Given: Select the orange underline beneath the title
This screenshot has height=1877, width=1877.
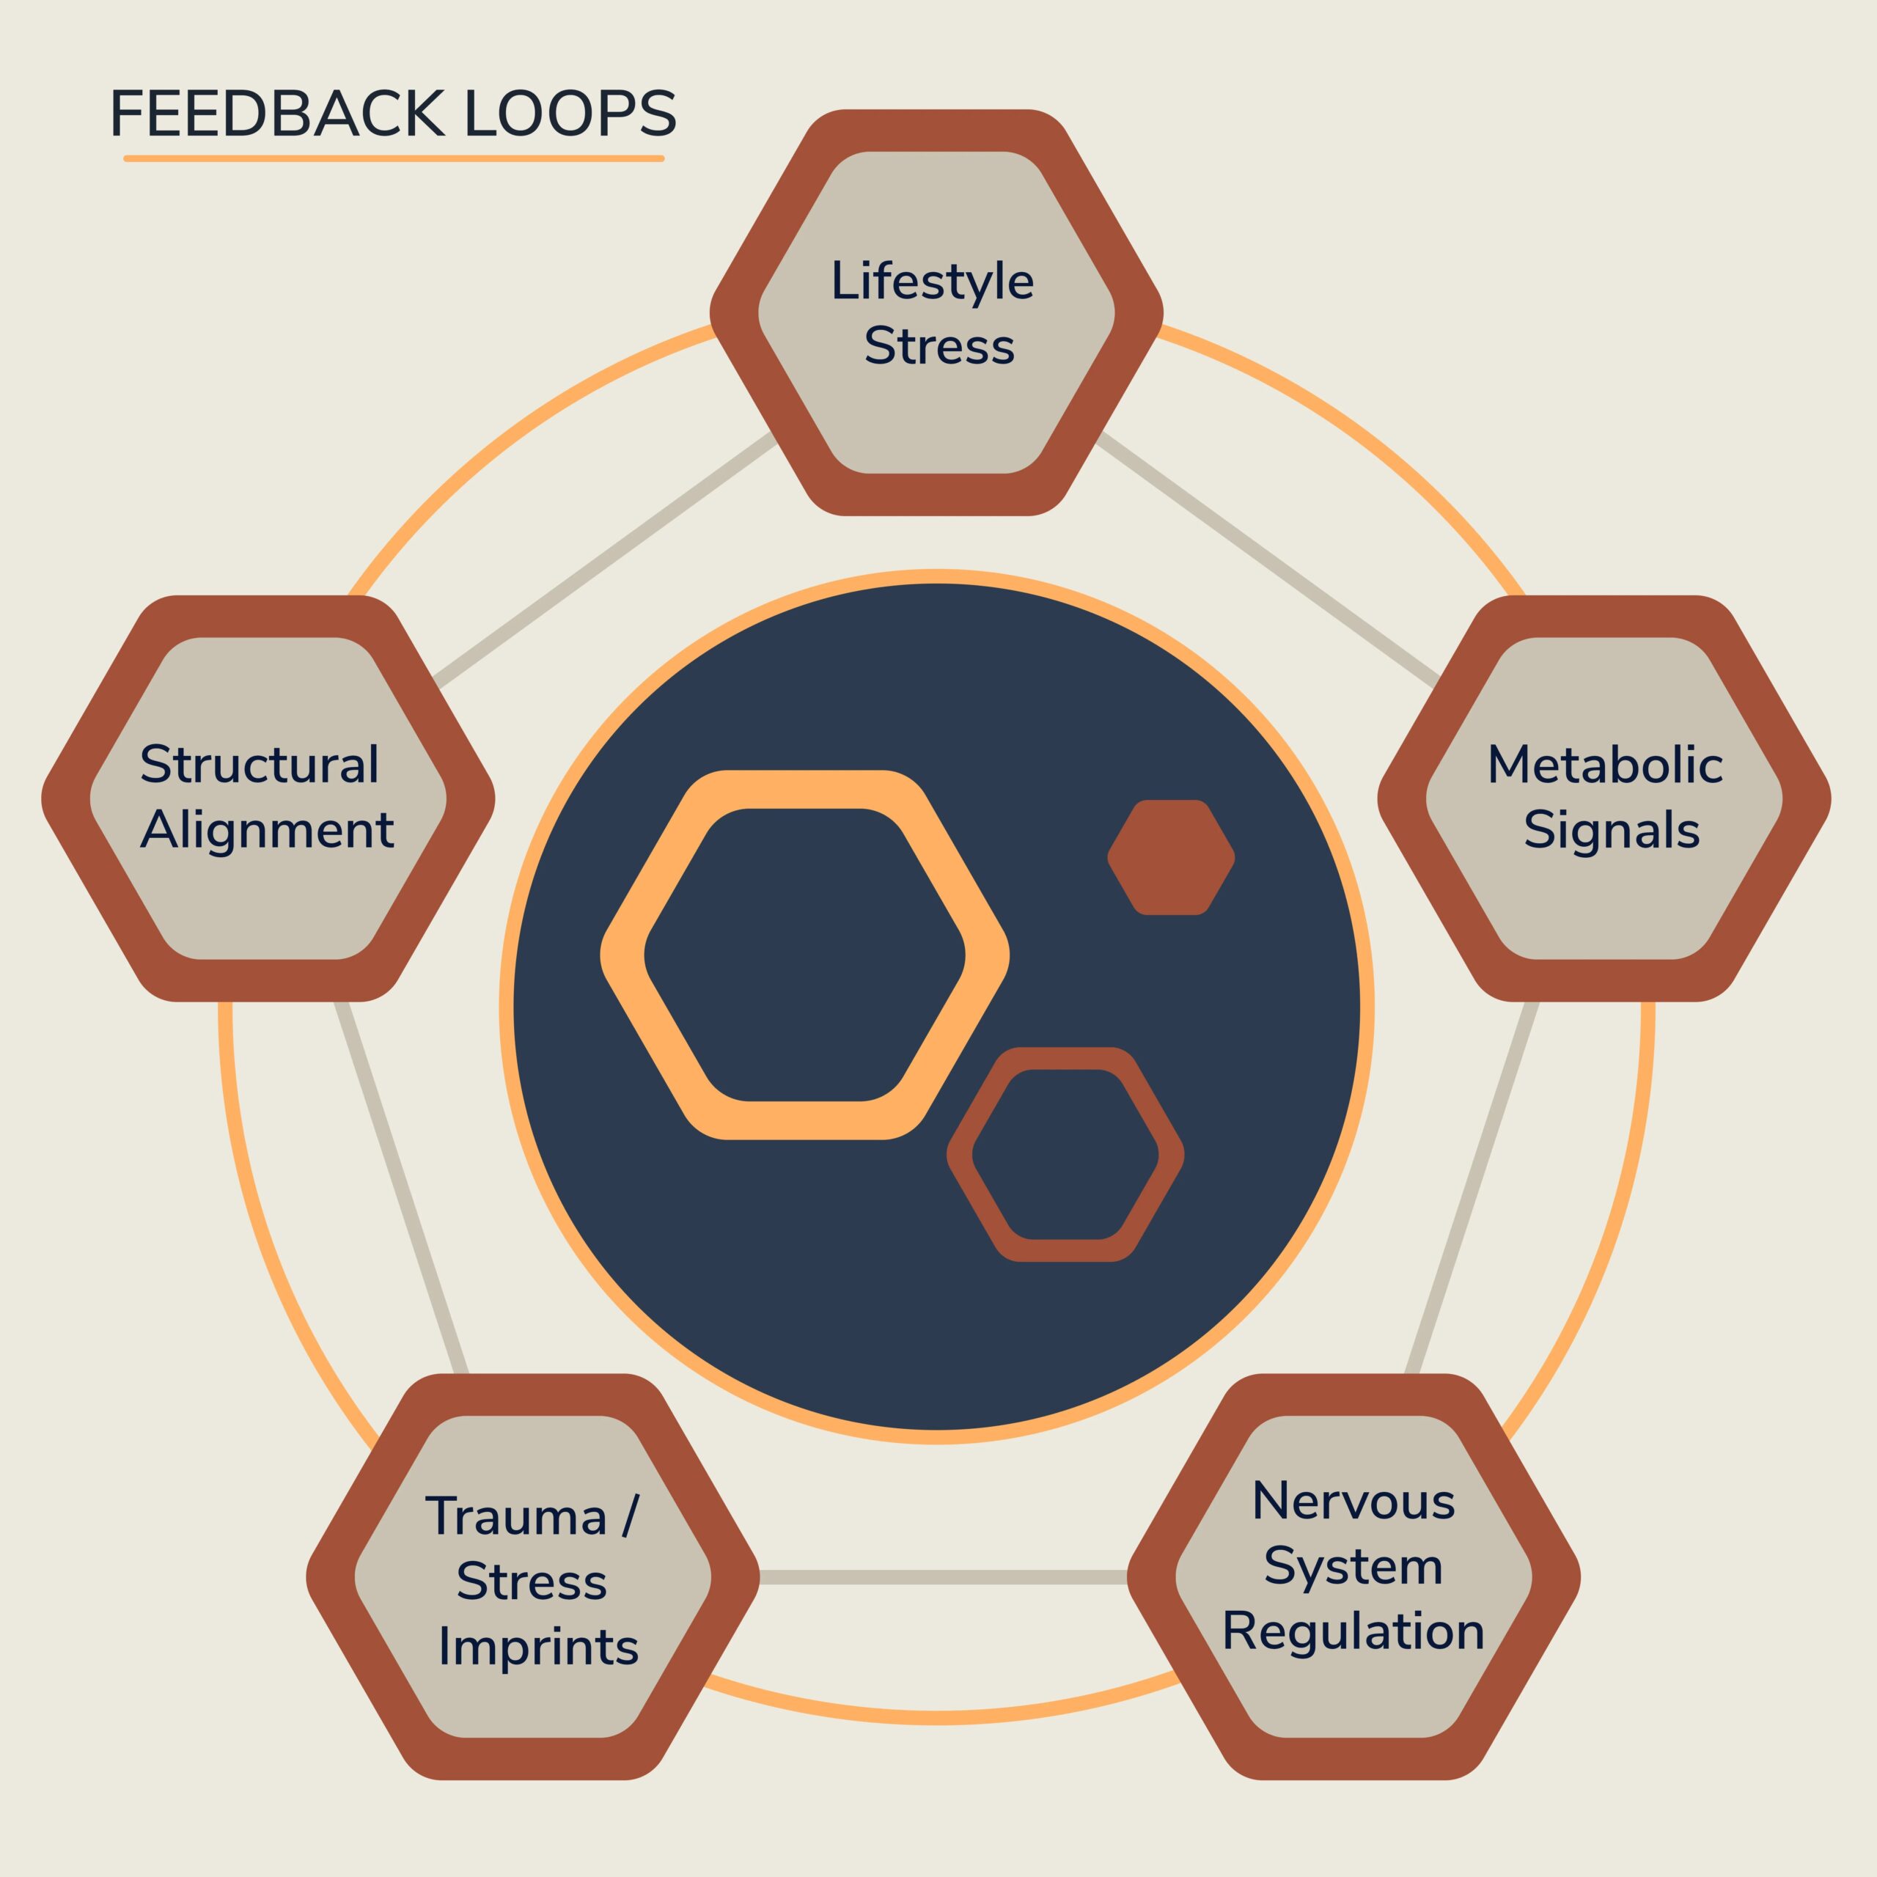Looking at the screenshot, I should click(394, 158).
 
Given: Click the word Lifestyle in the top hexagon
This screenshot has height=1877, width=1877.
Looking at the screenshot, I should click(932, 282).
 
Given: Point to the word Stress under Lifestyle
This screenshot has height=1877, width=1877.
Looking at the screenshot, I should click(938, 347).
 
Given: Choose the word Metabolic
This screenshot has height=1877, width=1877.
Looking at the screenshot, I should click(1605, 765).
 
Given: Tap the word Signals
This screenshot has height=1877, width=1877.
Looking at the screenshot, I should click(1611, 831).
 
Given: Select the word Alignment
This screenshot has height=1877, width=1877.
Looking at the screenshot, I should click(267, 831).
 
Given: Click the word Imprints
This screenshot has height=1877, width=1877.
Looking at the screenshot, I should click(538, 1647).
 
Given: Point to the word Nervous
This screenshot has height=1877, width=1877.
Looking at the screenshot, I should click(1353, 1501).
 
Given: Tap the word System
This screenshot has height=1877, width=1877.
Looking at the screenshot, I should click(1353, 1566).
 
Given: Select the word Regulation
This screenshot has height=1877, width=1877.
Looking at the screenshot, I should click(1353, 1631).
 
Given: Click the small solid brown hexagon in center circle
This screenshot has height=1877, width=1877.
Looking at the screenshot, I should click(1171, 858).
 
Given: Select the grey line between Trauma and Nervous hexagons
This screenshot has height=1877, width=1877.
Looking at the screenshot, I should click(942, 1578).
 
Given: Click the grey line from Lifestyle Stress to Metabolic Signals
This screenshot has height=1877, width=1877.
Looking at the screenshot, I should click(1268, 559).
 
